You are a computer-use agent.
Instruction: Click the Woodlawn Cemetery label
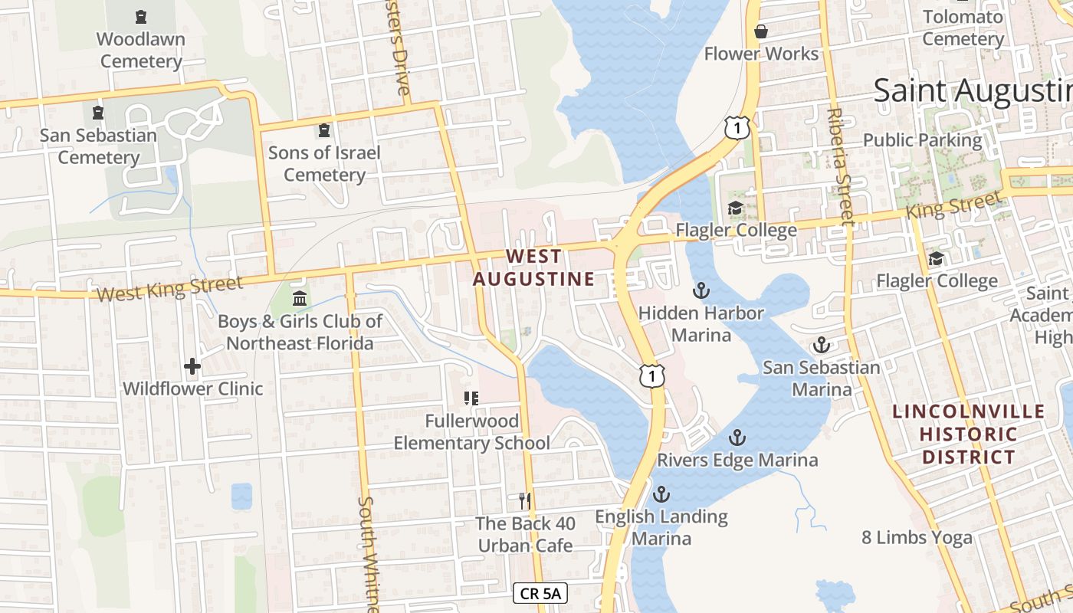140,50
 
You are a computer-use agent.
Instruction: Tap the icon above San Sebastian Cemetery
98,113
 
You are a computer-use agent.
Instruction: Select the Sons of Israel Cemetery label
324,163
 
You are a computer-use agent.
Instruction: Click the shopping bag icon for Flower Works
761,31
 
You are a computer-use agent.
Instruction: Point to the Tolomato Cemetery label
963,28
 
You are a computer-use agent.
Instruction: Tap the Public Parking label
922,140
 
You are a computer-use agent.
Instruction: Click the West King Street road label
169,290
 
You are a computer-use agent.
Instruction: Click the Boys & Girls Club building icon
300,298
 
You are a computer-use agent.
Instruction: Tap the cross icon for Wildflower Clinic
192,366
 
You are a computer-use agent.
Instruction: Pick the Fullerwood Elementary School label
471,432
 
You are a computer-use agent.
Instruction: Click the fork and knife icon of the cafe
525,501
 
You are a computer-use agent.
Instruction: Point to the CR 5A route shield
540,593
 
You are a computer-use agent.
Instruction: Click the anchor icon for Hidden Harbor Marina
701,290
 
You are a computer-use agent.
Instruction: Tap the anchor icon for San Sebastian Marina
822,345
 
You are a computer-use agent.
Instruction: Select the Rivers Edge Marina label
737,460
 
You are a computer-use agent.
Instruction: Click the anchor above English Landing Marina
661,493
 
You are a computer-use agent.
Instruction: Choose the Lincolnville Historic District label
968,434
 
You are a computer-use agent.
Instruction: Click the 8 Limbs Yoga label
917,537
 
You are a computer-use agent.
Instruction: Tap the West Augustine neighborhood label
533,267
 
